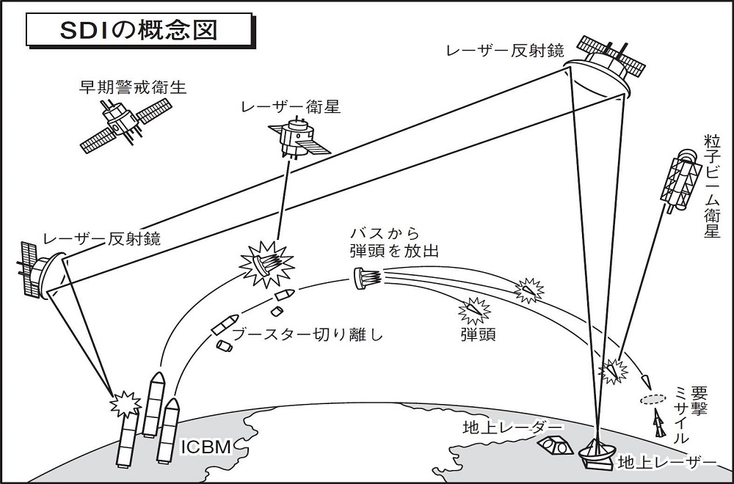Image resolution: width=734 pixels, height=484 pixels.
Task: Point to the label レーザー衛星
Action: tap(291, 107)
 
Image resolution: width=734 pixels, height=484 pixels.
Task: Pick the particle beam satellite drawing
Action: tap(680, 180)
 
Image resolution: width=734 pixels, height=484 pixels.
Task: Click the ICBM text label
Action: tap(206, 445)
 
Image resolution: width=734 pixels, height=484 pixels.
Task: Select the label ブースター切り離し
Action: tap(308, 336)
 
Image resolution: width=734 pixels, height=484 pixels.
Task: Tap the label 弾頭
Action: tap(478, 335)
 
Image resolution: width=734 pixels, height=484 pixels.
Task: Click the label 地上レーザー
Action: tap(666, 462)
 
